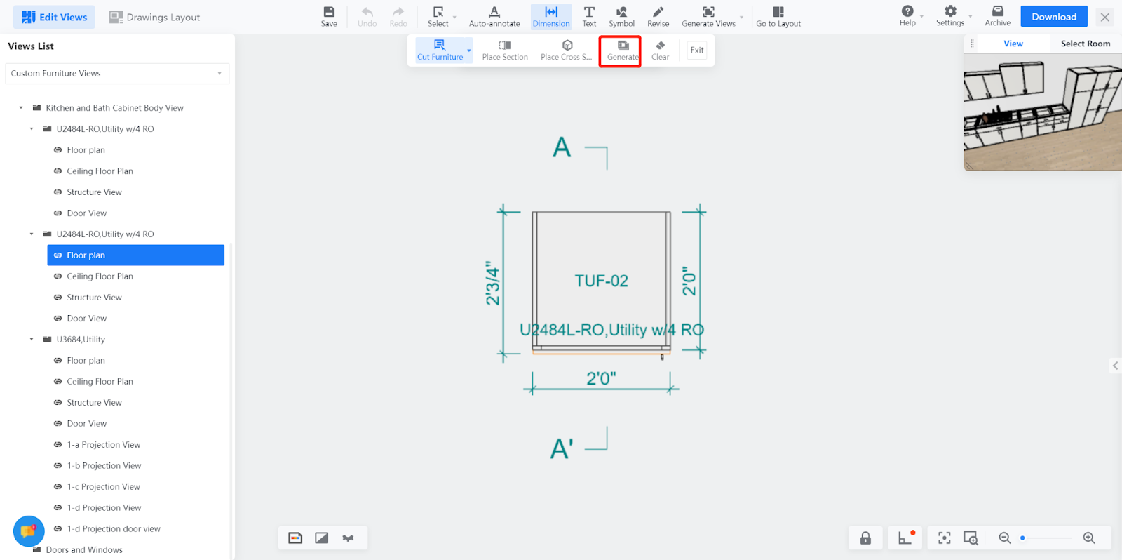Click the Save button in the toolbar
click(329, 17)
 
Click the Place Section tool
click(504, 51)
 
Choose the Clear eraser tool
click(660, 51)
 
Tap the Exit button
click(697, 50)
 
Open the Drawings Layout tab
click(154, 17)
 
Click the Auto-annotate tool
click(494, 17)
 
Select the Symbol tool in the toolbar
click(621, 17)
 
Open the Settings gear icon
click(949, 11)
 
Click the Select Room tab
click(1085, 44)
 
